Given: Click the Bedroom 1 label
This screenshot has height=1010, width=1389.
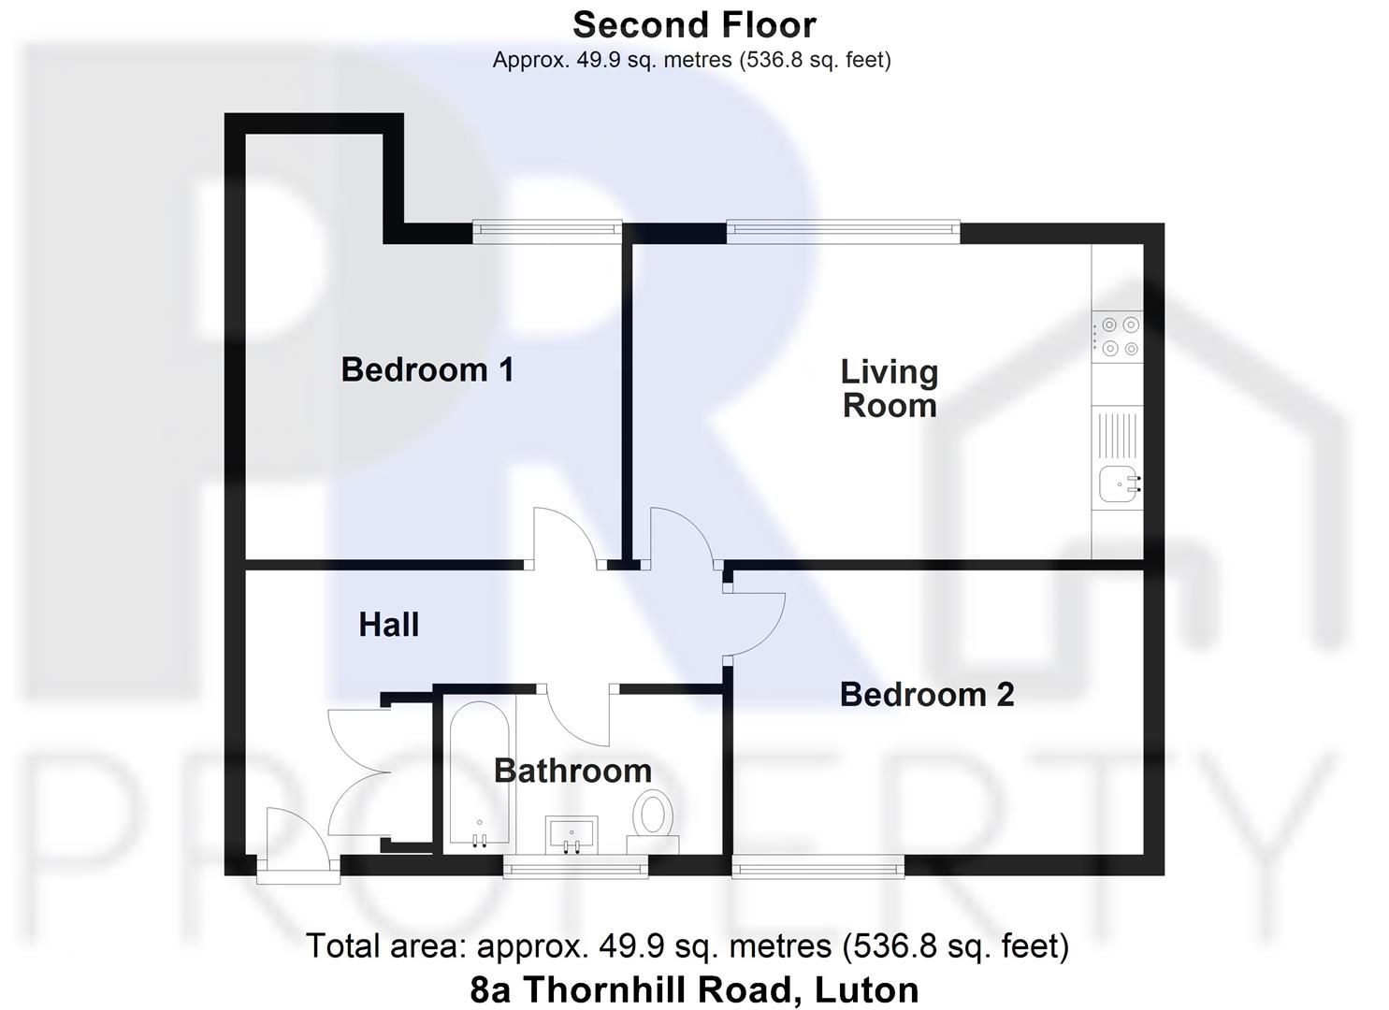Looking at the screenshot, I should [427, 369].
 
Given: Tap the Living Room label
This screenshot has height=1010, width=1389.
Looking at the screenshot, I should [889, 388].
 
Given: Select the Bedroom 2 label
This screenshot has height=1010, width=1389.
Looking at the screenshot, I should [926, 695].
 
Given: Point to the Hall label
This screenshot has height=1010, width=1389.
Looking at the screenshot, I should [388, 625].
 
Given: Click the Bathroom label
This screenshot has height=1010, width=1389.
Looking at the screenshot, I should [572, 771].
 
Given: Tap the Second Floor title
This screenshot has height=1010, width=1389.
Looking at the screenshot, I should [694, 24].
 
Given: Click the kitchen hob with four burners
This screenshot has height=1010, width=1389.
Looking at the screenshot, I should [1119, 337].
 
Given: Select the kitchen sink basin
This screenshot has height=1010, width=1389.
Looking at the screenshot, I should [1119, 484].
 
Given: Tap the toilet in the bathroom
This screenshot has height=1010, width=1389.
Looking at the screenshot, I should [653, 816].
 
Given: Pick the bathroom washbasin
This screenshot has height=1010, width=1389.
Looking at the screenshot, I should [571, 832].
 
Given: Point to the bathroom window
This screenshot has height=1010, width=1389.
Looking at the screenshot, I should [575, 869].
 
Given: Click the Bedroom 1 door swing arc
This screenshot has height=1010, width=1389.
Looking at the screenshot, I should [563, 537].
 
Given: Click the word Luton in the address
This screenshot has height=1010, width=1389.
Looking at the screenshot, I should [867, 989].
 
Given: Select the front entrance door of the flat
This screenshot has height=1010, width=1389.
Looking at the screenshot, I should [297, 845].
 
